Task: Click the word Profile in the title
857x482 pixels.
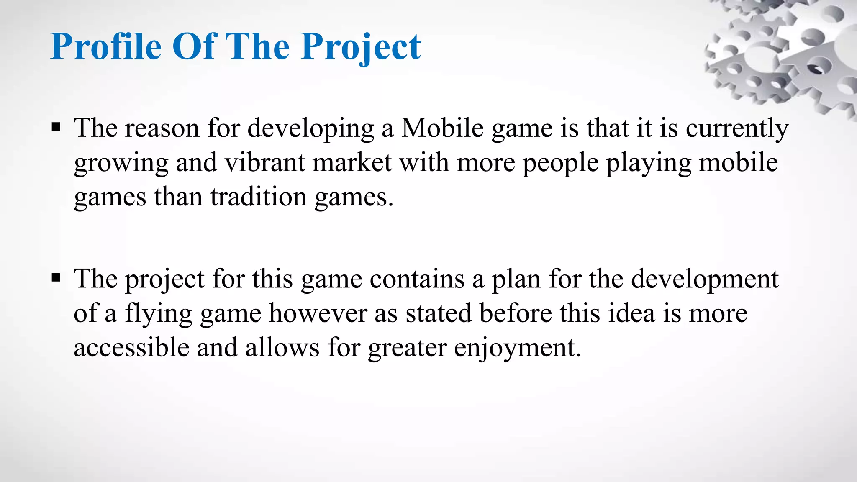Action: (106, 46)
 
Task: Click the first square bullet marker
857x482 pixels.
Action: (56, 127)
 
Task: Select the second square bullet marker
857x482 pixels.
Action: (56, 277)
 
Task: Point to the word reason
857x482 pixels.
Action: (162, 128)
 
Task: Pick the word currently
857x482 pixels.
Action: (737, 128)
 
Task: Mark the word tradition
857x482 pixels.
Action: (259, 197)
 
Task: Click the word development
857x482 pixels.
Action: (705, 279)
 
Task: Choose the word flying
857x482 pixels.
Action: (159, 313)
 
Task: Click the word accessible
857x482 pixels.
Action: (131, 347)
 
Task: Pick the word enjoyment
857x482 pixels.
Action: (517, 347)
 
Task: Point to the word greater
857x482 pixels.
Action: (407, 347)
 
